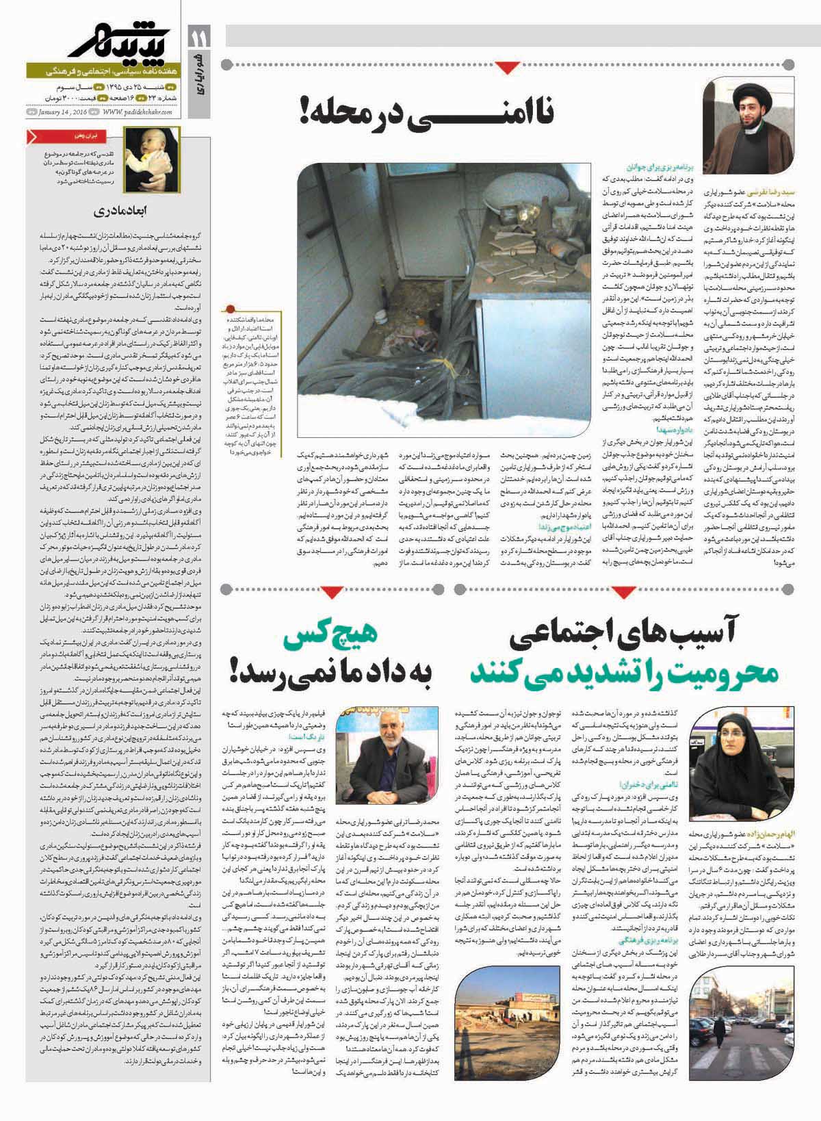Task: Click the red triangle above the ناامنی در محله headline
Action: pyautogui.click(x=507, y=67)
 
